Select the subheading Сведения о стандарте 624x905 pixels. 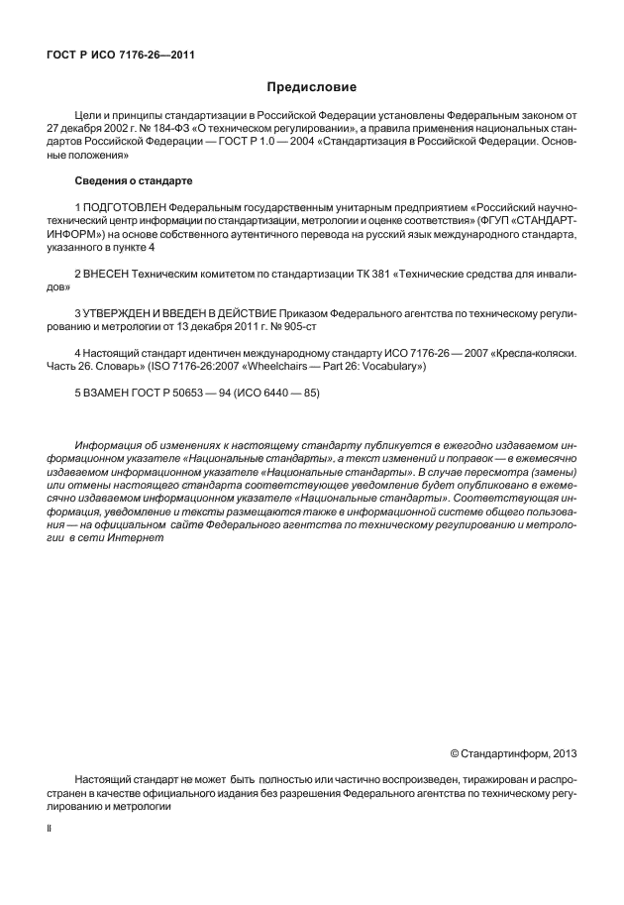pos(135,181)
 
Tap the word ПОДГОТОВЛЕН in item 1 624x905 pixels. pos(125,205)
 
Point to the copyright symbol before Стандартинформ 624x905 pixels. pos(455,753)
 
